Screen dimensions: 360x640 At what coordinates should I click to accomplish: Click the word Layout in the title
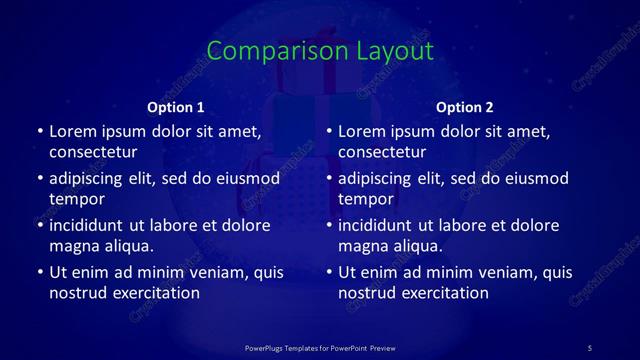coord(392,52)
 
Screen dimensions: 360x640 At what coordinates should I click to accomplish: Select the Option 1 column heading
coord(175,107)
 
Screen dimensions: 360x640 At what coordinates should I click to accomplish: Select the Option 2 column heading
coord(465,107)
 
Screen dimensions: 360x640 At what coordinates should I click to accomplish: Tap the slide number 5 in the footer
coord(589,347)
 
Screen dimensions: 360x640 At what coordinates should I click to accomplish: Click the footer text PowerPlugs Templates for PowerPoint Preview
coord(320,347)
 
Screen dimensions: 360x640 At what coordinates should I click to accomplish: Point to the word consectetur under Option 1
coord(93,152)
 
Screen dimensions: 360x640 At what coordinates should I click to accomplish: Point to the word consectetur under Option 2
coord(382,152)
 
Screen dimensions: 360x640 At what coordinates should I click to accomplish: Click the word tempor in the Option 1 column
coord(77,199)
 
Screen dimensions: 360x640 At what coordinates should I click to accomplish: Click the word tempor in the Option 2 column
coord(366,199)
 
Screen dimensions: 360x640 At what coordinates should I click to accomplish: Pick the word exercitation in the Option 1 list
coord(154,293)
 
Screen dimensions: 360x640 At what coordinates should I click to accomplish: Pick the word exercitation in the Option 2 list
coord(443,293)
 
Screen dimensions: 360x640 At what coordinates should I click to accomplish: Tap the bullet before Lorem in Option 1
coord(40,131)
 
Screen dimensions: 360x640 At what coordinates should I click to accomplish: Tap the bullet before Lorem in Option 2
coord(329,131)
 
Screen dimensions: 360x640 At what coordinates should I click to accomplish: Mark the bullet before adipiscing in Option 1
coord(40,178)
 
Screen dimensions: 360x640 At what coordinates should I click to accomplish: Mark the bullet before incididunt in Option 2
coord(329,225)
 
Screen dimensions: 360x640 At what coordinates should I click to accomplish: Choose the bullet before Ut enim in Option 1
coord(40,272)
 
